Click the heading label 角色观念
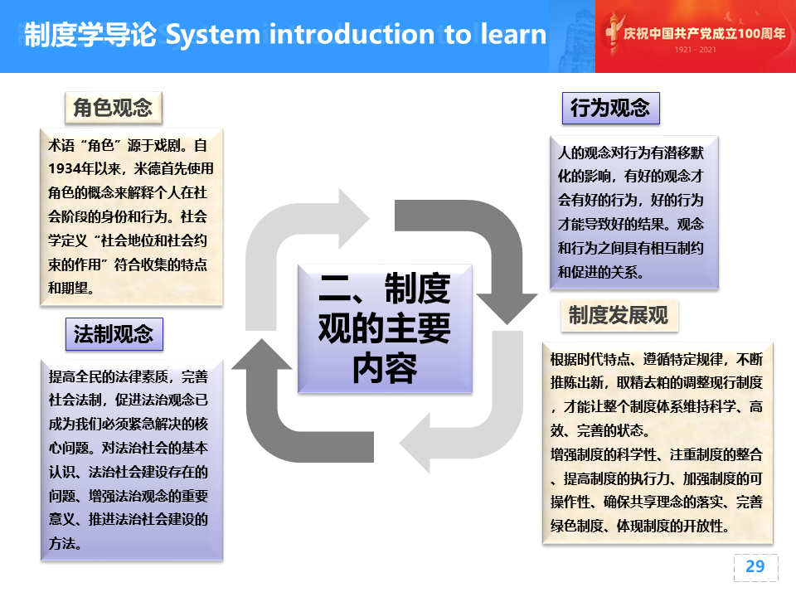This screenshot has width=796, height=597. tap(114, 108)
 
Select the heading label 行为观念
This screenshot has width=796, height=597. tap(611, 108)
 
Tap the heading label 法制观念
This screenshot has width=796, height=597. tap(114, 334)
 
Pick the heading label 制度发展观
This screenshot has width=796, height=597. tap(619, 315)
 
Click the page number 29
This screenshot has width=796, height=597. tap(755, 566)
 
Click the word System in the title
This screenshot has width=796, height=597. tap(213, 35)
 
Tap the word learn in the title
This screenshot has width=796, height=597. tap(513, 34)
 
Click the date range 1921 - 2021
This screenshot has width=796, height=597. tap(696, 50)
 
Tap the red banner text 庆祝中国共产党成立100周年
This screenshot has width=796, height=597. tap(704, 33)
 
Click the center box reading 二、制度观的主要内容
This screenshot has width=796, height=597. tap(385, 328)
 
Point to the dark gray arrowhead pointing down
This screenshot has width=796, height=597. tap(507, 308)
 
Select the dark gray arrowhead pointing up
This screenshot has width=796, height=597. tap(262, 353)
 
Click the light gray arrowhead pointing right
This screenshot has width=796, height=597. tap(354, 218)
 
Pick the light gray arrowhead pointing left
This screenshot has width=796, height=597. tap(415, 443)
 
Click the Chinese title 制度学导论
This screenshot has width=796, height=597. tap(90, 35)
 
